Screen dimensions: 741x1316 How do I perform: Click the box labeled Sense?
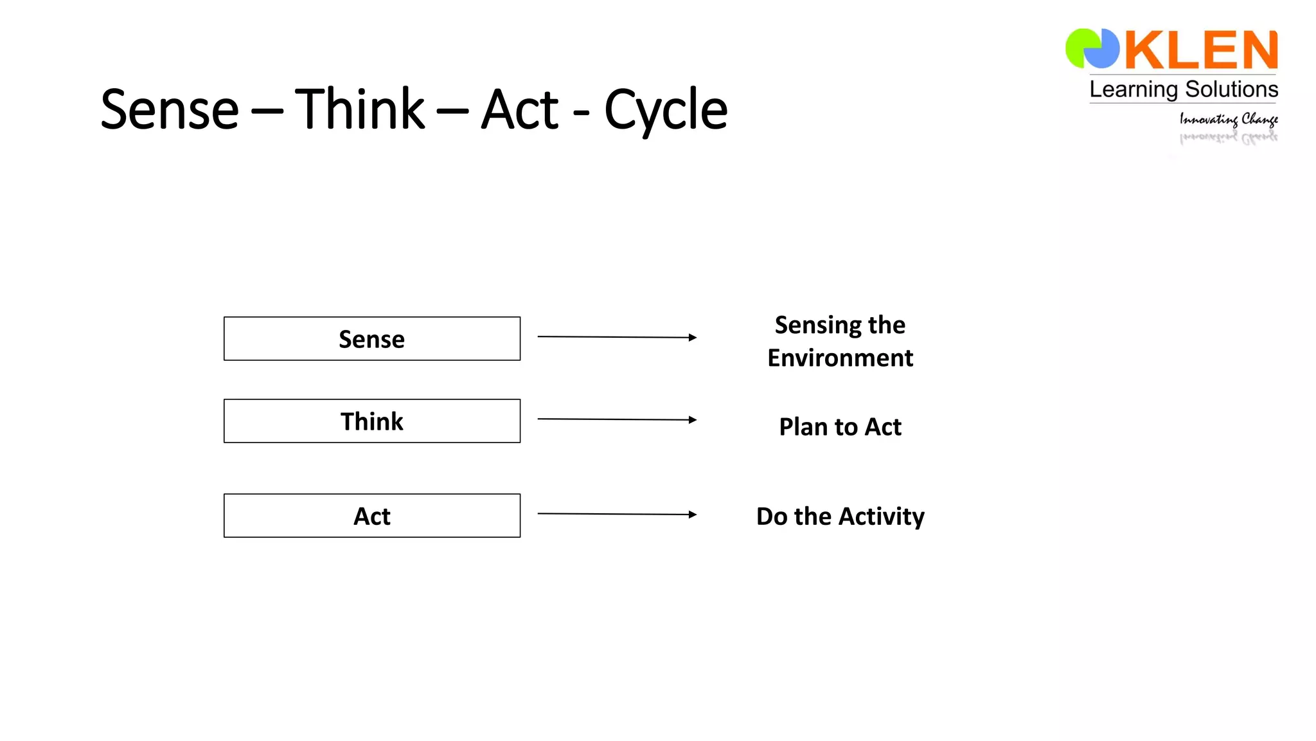click(371, 338)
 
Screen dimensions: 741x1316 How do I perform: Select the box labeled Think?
click(371, 421)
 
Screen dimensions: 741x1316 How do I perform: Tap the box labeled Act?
click(371, 515)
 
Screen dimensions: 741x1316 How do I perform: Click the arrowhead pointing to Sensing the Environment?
click(692, 337)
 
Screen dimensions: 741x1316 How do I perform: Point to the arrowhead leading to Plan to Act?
click(692, 419)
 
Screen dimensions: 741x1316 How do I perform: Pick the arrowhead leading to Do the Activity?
click(692, 514)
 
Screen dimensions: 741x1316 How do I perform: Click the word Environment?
click(840, 358)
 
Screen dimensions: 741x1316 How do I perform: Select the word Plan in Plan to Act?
click(803, 426)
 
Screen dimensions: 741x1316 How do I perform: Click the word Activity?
click(882, 516)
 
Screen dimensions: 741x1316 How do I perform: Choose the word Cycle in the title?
click(666, 109)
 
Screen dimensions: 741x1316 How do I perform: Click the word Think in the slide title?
click(360, 109)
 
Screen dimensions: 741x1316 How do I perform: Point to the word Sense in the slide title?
click(170, 109)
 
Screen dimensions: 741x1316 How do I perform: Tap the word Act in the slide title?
click(520, 109)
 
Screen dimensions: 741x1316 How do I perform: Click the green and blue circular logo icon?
click(1092, 48)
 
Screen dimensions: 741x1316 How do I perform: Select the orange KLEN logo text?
click(1200, 50)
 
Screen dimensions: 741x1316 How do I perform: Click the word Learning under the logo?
click(1134, 89)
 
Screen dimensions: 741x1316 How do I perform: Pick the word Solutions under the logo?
click(1231, 89)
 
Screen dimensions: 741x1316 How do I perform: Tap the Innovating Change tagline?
click(1228, 119)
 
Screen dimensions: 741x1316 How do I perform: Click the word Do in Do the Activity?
click(771, 516)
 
